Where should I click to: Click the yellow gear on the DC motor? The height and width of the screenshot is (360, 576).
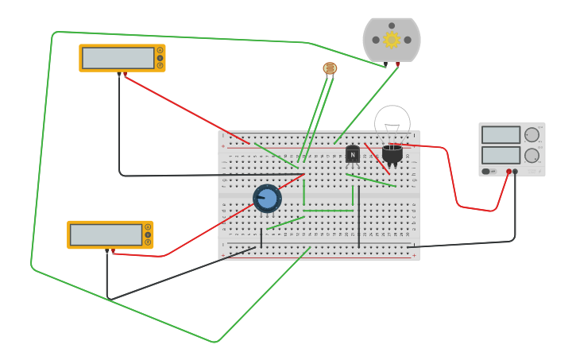[x=391, y=40]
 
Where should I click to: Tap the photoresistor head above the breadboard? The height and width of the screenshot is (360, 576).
[x=330, y=68]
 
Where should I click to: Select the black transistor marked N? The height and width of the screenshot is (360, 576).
[x=352, y=153]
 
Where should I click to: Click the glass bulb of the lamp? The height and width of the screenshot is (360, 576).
[x=392, y=122]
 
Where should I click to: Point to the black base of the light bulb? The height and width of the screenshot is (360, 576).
[x=392, y=153]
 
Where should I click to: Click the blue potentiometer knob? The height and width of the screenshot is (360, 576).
[x=267, y=198]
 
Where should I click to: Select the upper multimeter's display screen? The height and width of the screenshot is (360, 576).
[x=118, y=58]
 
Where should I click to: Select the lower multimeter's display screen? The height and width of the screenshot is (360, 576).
[x=106, y=234]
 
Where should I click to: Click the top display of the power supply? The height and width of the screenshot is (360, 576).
[x=501, y=135]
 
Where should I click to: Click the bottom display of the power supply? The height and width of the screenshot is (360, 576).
[x=501, y=154]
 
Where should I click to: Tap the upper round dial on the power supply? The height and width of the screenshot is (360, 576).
[x=532, y=135]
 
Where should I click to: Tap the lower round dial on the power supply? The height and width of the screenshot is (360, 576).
[x=532, y=155]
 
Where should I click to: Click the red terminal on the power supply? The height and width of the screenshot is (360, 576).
[x=508, y=171]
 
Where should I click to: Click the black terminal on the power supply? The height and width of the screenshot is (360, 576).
[x=516, y=171]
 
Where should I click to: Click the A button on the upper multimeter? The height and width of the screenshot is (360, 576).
[x=160, y=50]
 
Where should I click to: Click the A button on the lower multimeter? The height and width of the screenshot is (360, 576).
[x=148, y=227]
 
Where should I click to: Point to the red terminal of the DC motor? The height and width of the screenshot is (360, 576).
[x=397, y=64]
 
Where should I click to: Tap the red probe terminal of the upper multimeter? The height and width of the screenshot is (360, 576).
[x=125, y=75]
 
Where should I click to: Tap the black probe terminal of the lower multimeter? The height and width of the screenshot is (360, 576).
[x=107, y=251]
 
